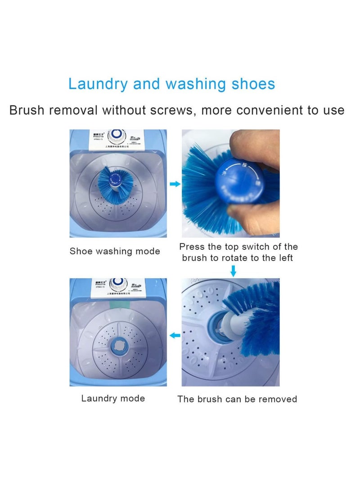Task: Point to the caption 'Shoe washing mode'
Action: tap(115, 251)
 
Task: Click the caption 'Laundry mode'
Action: tap(113, 398)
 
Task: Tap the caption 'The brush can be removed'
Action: tap(237, 399)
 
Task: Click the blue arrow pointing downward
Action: tap(233, 271)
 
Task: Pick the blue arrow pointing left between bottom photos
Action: tap(175, 335)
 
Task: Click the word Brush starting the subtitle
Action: tap(27, 110)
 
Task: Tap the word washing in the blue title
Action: tap(195, 84)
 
